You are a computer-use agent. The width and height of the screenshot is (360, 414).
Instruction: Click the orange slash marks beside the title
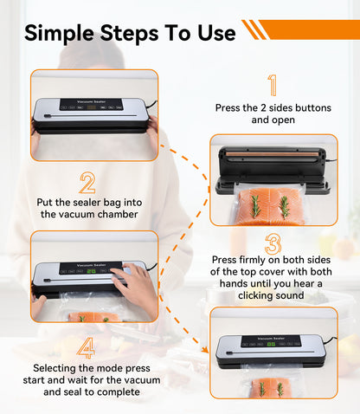(254, 30)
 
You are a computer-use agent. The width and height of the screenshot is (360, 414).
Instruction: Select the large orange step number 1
(273, 86)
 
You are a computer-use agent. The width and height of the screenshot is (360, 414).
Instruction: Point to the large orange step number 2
(87, 183)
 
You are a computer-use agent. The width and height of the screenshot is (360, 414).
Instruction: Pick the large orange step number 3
(273, 243)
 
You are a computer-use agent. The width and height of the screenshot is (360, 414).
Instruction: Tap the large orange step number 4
(87, 348)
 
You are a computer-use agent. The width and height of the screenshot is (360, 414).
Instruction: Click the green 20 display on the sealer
(91, 269)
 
